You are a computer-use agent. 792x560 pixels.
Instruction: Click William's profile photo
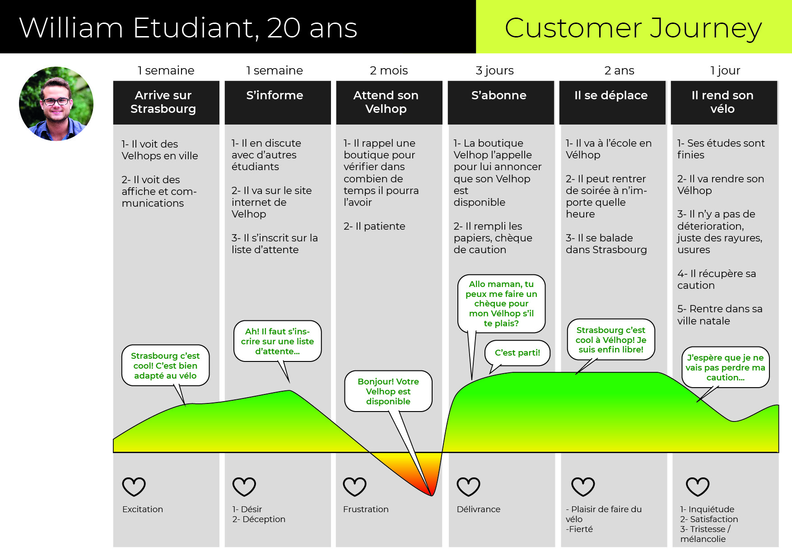[56, 104]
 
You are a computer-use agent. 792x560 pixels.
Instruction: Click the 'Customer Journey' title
[633, 28]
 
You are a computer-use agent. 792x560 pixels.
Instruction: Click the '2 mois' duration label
[389, 70]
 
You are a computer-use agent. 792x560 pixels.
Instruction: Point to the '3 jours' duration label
[494, 71]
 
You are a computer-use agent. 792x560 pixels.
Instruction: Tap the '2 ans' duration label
[619, 70]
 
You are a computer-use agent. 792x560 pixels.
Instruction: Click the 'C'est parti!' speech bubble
[517, 353]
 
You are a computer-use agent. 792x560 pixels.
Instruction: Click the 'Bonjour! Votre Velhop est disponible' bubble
[388, 391]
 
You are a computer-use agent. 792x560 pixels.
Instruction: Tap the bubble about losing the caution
[725, 367]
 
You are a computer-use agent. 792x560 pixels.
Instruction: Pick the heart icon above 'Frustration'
[355, 487]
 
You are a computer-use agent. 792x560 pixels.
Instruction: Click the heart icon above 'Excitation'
[134, 487]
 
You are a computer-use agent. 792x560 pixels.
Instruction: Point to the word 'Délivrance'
[479, 509]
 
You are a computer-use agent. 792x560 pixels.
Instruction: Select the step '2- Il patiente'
[374, 226]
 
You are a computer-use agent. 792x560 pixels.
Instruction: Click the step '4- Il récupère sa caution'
[717, 279]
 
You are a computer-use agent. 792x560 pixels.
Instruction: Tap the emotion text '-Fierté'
[579, 529]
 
